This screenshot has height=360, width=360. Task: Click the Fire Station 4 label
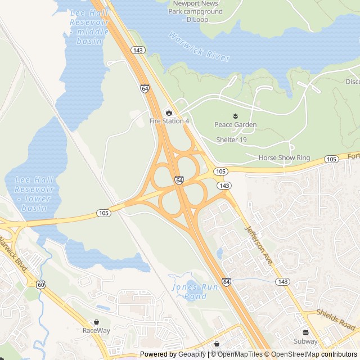click(x=169, y=121)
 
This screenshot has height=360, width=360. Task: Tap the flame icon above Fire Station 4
click(x=169, y=112)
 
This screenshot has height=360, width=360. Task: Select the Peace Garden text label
click(x=236, y=125)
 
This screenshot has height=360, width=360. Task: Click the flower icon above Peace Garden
click(x=236, y=116)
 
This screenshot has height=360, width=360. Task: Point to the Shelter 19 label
click(x=232, y=139)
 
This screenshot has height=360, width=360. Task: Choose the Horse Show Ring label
click(x=284, y=158)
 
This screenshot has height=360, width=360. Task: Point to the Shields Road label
click(x=336, y=319)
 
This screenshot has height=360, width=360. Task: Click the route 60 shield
click(x=41, y=285)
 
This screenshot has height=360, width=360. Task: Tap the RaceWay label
click(x=96, y=330)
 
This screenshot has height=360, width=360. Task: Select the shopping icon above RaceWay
click(x=96, y=322)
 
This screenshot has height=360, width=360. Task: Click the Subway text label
click(x=305, y=341)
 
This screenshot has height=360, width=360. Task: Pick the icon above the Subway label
click(x=305, y=332)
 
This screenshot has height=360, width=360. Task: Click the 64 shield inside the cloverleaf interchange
click(x=179, y=180)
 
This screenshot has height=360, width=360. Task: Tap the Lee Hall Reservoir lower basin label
click(x=34, y=193)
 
